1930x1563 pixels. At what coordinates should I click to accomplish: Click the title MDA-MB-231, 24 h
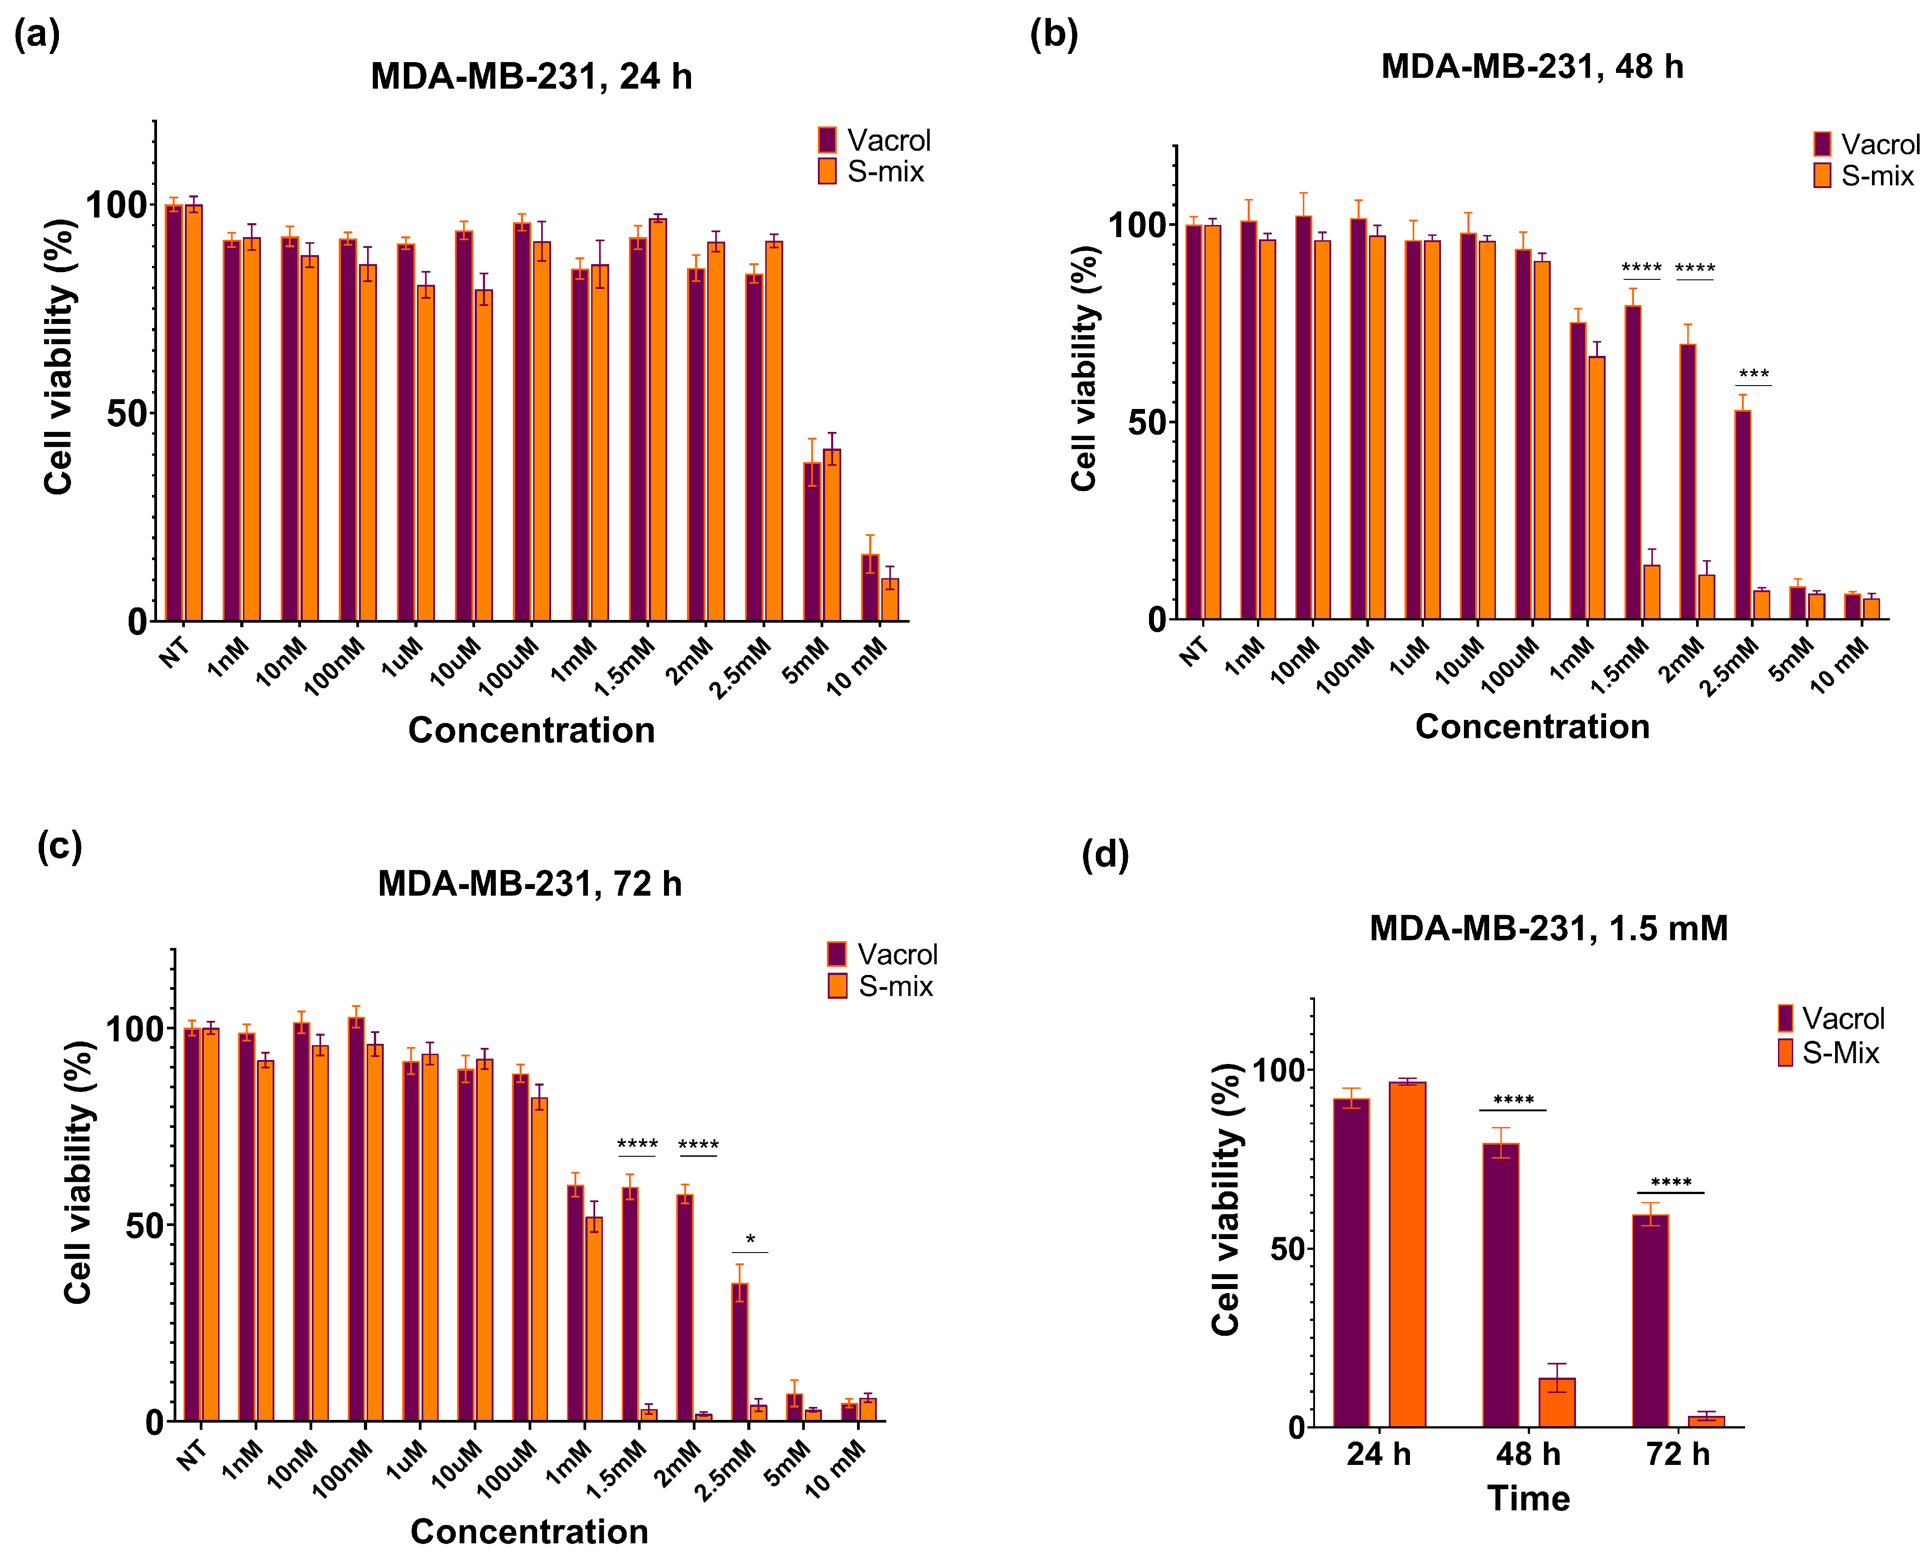point(531,76)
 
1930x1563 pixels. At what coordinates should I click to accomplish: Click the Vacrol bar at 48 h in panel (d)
point(1501,1285)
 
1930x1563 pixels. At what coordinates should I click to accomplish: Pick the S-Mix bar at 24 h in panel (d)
point(1407,1254)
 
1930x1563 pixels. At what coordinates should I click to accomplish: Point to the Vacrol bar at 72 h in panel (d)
point(1650,1321)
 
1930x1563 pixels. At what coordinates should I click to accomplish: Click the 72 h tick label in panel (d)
point(1677,1454)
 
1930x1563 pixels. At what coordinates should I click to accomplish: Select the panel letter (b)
point(1053,34)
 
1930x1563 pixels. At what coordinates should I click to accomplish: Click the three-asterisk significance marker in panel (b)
point(1754,373)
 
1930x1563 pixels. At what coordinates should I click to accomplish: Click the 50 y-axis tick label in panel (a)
point(126,413)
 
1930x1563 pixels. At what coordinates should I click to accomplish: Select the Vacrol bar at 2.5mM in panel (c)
point(739,1352)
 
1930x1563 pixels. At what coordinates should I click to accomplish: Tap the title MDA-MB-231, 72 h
point(530,884)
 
